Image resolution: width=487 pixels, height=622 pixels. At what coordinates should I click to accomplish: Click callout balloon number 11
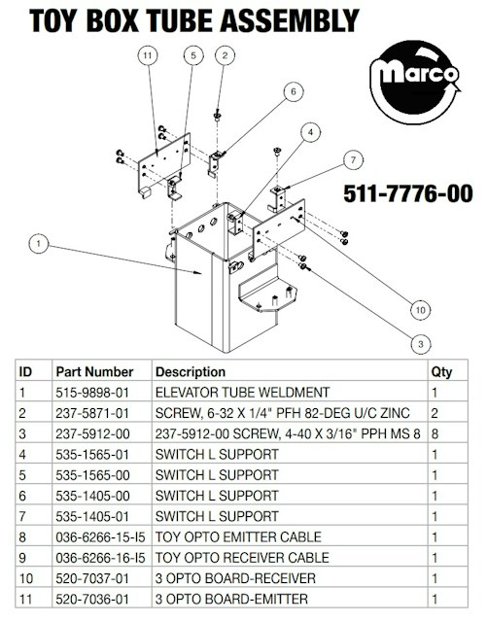pos(148,55)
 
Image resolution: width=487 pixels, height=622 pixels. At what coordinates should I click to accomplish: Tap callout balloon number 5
pos(193,55)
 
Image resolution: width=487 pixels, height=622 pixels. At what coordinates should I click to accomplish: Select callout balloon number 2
pos(226,55)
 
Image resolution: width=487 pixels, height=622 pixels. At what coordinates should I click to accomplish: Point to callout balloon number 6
pos(294,91)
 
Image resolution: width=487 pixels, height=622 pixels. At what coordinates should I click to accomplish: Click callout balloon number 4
pos(310,132)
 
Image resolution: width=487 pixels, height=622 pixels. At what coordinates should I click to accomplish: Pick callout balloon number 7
pos(353,160)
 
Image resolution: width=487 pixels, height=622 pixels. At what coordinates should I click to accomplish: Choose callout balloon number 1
pos(39,243)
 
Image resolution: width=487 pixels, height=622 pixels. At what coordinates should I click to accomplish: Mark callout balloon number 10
pos(420,310)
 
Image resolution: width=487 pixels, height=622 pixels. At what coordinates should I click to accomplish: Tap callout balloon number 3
pos(421,344)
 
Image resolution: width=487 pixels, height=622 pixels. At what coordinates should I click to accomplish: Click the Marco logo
pos(415,83)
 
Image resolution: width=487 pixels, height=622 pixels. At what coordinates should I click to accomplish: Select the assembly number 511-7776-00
pos(408,193)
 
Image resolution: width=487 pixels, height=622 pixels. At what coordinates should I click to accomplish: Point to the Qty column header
pos(441,371)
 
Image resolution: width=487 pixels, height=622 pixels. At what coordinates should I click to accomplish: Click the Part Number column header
pos(94,371)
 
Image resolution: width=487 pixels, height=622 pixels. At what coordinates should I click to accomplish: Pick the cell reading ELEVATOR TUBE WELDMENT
pos(242,393)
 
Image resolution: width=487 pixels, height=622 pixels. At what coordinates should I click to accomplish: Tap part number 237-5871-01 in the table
pos(92,413)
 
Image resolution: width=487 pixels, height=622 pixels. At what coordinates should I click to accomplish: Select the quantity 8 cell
pos(435,433)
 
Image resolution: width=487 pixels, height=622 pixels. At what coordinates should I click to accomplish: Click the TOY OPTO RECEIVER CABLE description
pos(242,557)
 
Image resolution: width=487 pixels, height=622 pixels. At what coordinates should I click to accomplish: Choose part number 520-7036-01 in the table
pos(92,599)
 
